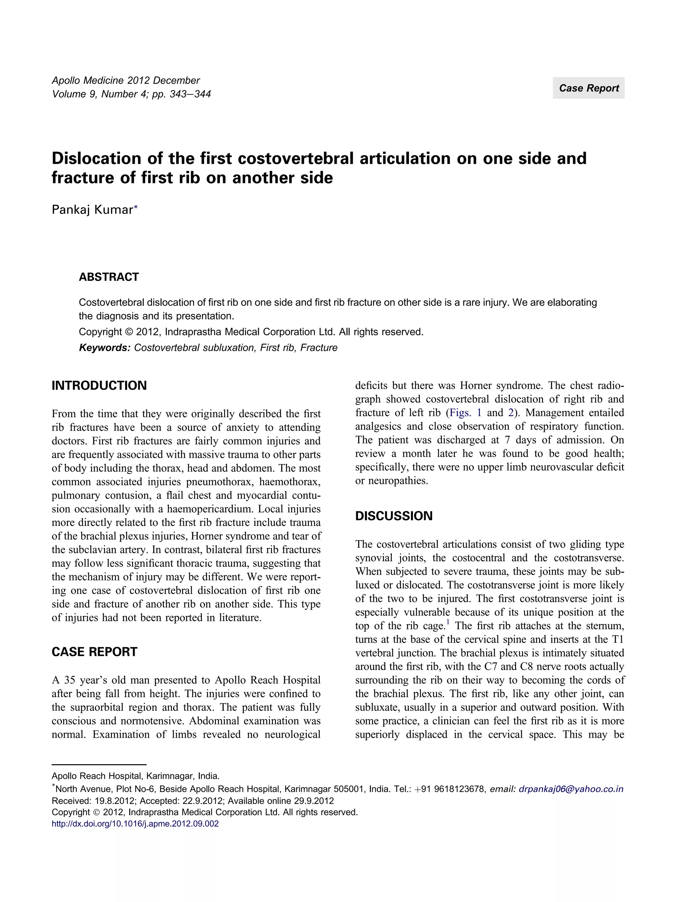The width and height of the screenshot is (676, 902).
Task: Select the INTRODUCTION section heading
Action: [x=99, y=385]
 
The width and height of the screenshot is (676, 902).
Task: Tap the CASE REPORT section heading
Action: [x=94, y=652]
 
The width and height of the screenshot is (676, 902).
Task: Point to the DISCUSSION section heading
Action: [x=394, y=516]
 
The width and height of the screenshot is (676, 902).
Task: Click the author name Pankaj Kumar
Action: [x=92, y=210]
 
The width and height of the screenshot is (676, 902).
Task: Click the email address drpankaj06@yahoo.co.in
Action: [x=571, y=789]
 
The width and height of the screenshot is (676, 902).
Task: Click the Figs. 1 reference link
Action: [x=465, y=413]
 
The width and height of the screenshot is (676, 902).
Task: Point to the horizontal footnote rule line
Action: [x=99, y=765]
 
